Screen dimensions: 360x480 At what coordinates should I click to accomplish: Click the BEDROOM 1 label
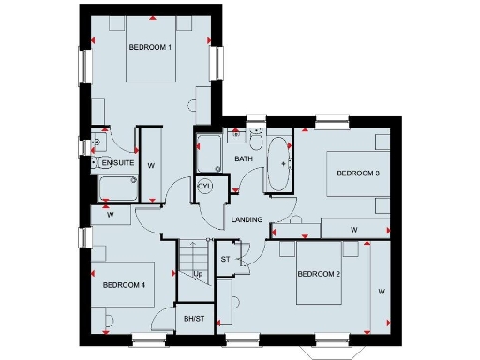(x=150, y=47)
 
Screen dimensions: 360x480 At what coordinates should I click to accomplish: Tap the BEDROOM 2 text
(x=318, y=274)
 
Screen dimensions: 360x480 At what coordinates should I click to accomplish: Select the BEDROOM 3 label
(x=357, y=173)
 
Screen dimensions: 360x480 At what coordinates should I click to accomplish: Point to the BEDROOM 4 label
(x=124, y=285)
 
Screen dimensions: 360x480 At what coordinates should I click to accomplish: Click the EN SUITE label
(x=118, y=163)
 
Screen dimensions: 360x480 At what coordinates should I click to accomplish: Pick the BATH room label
(x=244, y=159)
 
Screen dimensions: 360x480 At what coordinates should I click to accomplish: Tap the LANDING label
(x=247, y=219)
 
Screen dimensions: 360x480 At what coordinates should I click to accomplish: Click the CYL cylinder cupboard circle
(x=205, y=186)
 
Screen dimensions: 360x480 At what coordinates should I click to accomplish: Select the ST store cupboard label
(x=226, y=259)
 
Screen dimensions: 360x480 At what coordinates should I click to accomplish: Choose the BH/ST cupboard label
(x=194, y=320)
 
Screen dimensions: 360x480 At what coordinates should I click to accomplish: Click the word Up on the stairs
(x=198, y=274)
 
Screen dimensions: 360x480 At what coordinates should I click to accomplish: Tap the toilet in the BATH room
(x=254, y=140)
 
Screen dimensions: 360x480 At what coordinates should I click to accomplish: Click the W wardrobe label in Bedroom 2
(x=381, y=292)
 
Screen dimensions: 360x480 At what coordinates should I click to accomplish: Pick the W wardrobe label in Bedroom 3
(x=353, y=229)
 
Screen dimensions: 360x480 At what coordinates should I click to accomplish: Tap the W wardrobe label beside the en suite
(x=151, y=165)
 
